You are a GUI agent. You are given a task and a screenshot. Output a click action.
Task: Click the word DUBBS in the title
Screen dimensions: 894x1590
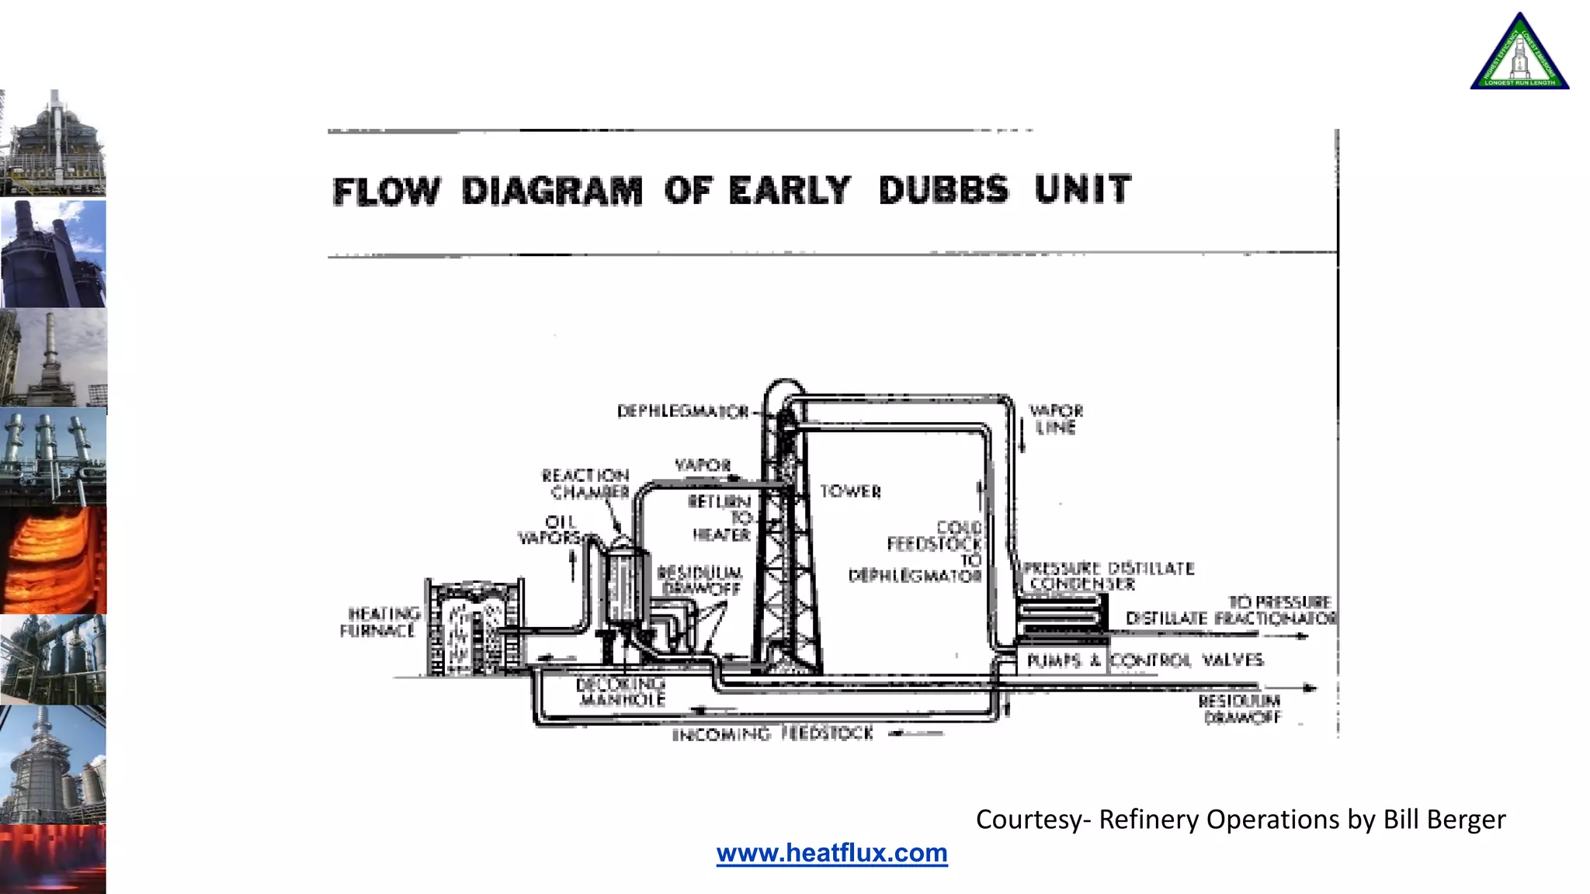[x=943, y=190]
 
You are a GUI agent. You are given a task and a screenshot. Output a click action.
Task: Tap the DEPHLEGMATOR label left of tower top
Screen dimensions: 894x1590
[x=682, y=411]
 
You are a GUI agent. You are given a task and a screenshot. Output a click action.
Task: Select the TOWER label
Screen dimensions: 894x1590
[x=851, y=491]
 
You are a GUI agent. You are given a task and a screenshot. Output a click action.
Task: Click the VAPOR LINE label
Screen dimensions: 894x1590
[x=1055, y=419]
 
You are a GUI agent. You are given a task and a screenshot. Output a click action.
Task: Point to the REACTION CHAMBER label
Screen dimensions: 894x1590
[x=586, y=483]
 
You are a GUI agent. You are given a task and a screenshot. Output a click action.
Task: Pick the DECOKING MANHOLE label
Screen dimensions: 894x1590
[x=621, y=691]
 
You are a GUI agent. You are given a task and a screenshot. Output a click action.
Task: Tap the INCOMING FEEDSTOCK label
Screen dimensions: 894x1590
[x=772, y=733]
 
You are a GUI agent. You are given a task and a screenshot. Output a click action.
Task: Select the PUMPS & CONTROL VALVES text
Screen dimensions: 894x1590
[x=1144, y=660]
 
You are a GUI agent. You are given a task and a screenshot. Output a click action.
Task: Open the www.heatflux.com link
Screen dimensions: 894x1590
[x=831, y=853]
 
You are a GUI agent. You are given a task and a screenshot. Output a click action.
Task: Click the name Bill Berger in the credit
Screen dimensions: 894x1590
[x=1444, y=819]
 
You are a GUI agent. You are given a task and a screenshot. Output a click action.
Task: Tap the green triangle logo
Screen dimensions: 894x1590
[x=1519, y=54]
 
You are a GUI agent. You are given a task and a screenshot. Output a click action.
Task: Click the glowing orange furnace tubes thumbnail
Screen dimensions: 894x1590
[x=53, y=560]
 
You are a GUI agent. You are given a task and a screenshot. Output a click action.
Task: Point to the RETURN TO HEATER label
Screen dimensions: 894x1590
[x=720, y=518]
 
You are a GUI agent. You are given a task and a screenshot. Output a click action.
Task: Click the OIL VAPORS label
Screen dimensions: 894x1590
[x=553, y=529]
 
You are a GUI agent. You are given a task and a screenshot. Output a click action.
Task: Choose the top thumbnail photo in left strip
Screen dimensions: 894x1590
[x=53, y=143]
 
